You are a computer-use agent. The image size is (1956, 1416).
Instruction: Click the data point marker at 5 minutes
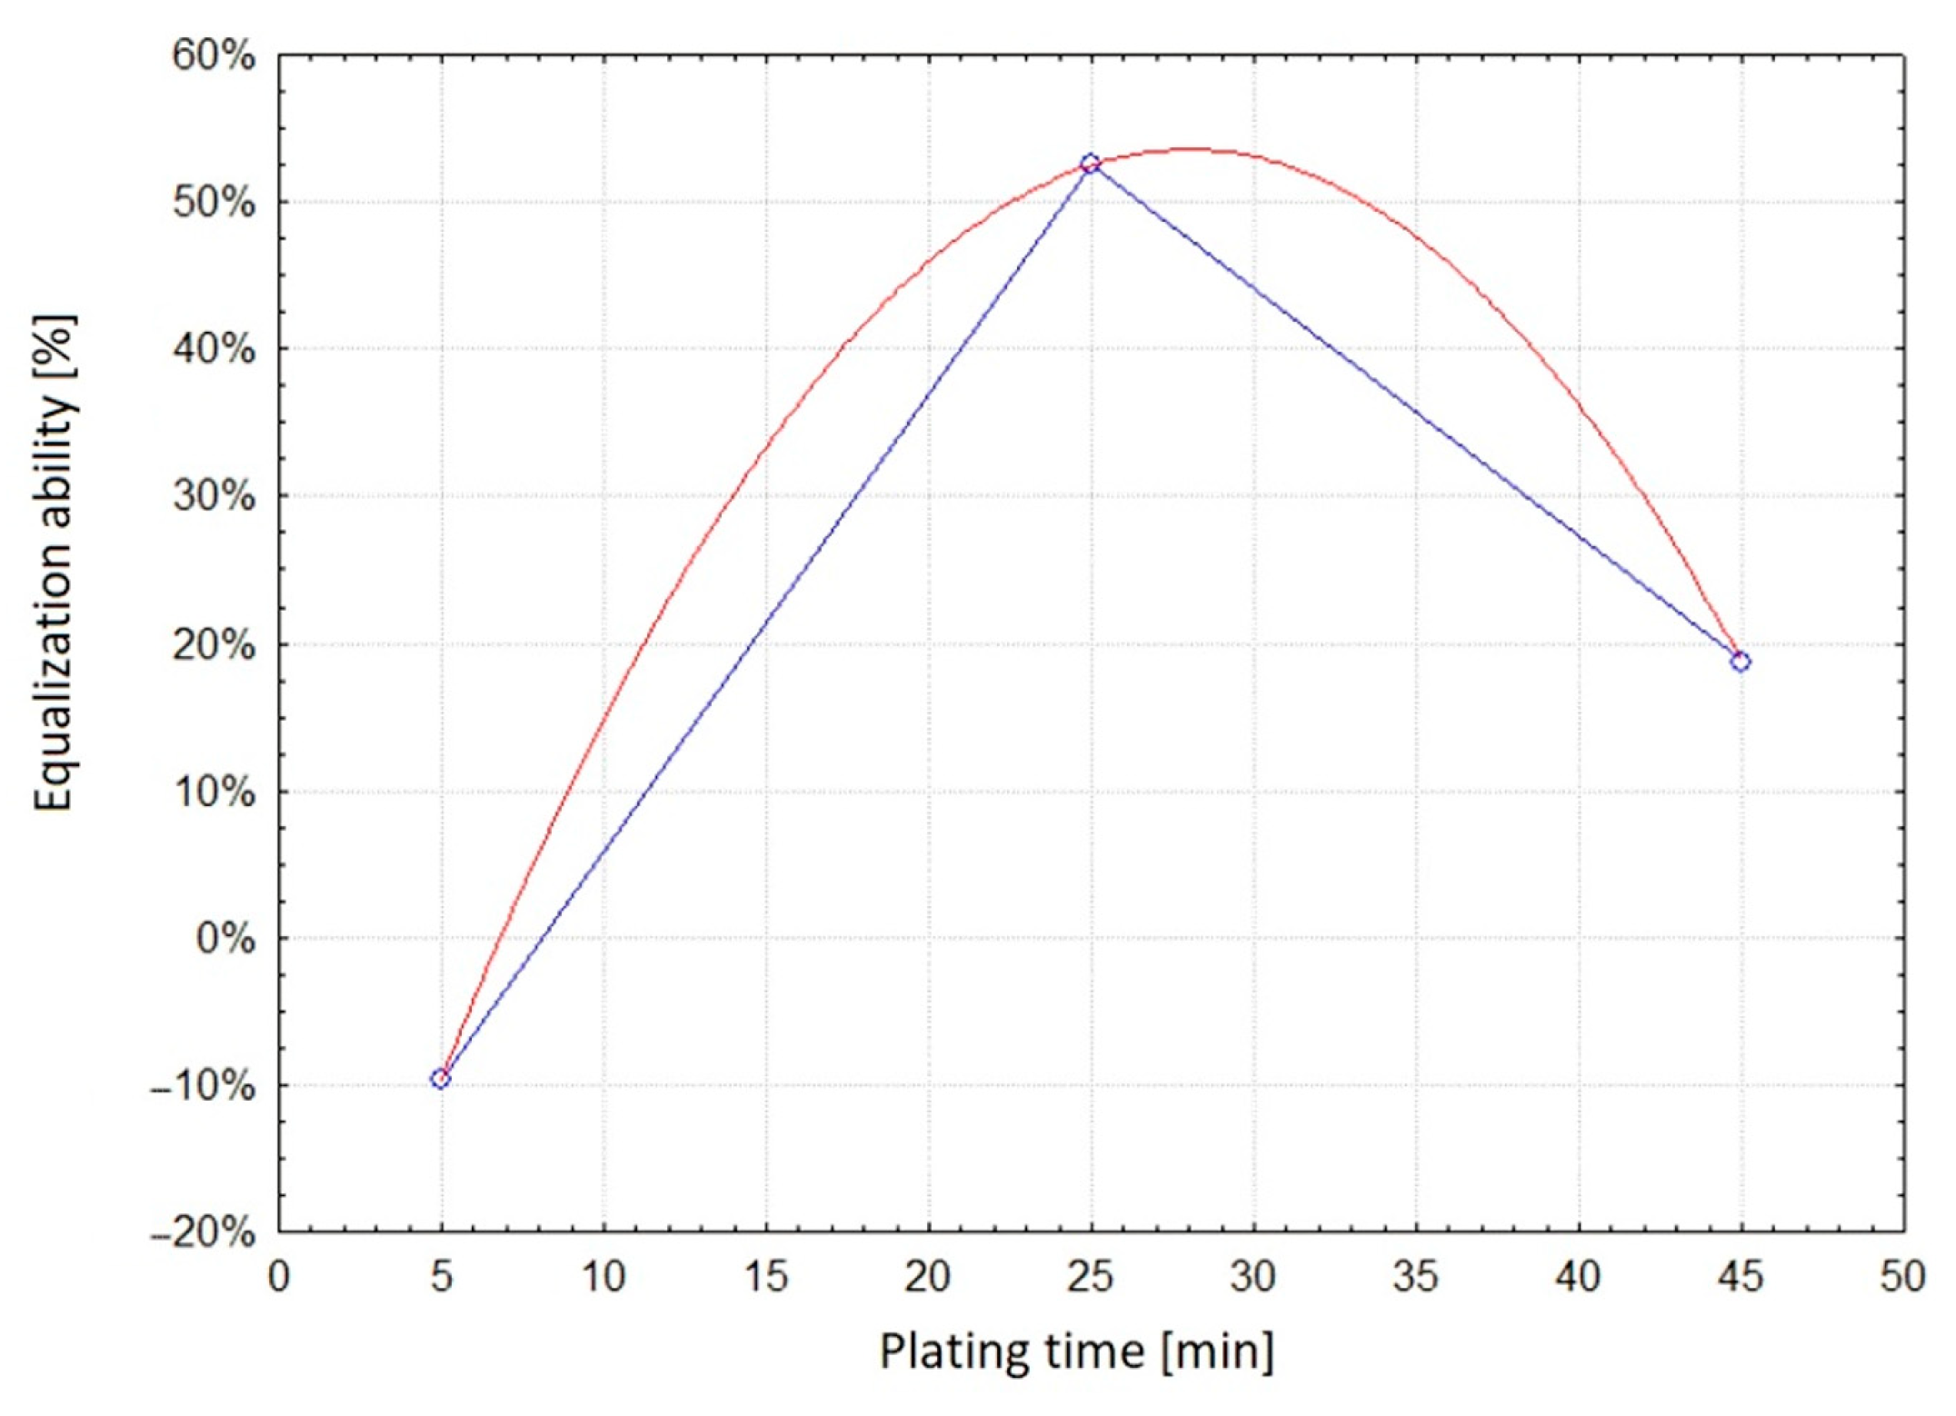click(441, 1079)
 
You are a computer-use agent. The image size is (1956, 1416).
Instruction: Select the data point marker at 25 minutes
click(1090, 164)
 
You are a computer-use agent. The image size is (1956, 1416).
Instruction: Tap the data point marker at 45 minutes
click(1740, 662)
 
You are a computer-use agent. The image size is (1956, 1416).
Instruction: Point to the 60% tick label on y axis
click(215, 56)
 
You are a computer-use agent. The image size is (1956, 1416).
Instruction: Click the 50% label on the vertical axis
click(215, 203)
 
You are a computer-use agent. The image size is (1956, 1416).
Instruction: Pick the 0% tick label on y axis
click(225, 938)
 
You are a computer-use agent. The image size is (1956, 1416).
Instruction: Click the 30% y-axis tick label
click(215, 496)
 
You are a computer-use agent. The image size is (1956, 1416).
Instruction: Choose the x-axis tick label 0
click(279, 1277)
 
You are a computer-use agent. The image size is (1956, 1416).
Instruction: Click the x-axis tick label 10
click(604, 1277)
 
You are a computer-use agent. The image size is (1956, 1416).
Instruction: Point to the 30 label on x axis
click(1252, 1277)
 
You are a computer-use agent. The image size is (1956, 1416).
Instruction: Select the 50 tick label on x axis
click(1902, 1277)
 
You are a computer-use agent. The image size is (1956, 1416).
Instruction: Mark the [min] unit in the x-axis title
click(1218, 1351)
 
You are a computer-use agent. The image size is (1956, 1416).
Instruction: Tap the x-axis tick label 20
click(928, 1277)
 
